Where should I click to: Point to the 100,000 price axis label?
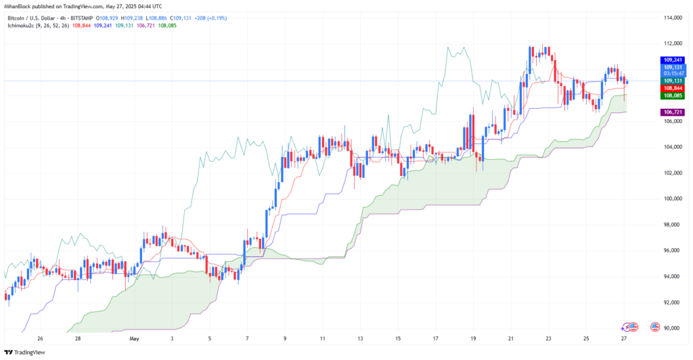pyautogui.click(x=672, y=199)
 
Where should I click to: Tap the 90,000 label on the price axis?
pyautogui.click(x=672, y=328)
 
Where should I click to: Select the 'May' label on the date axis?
pyautogui.click(x=133, y=338)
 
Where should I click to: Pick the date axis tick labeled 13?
pyautogui.click(x=361, y=338)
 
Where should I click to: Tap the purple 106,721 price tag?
pyautogui.click(x=671, y=112)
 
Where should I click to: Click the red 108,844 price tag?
pyautogui.click(x=671, y=89)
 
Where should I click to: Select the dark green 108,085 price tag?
pyautogui.click(x=671, y=96)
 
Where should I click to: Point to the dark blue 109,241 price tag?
pyautogui.click(x=671, y=60)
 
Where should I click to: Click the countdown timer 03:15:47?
pyautogui.click(x=671, y=73)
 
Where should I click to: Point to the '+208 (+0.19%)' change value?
pyautogui.click(x=210, y=15)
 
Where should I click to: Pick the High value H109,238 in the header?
pyautogui.click(x=144, y=15)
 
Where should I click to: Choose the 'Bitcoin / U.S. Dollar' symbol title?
pyautogui.click(x=30, y=15)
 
